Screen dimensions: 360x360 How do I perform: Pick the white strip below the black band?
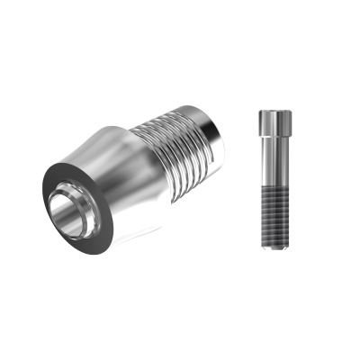click(x=180, y=324)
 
